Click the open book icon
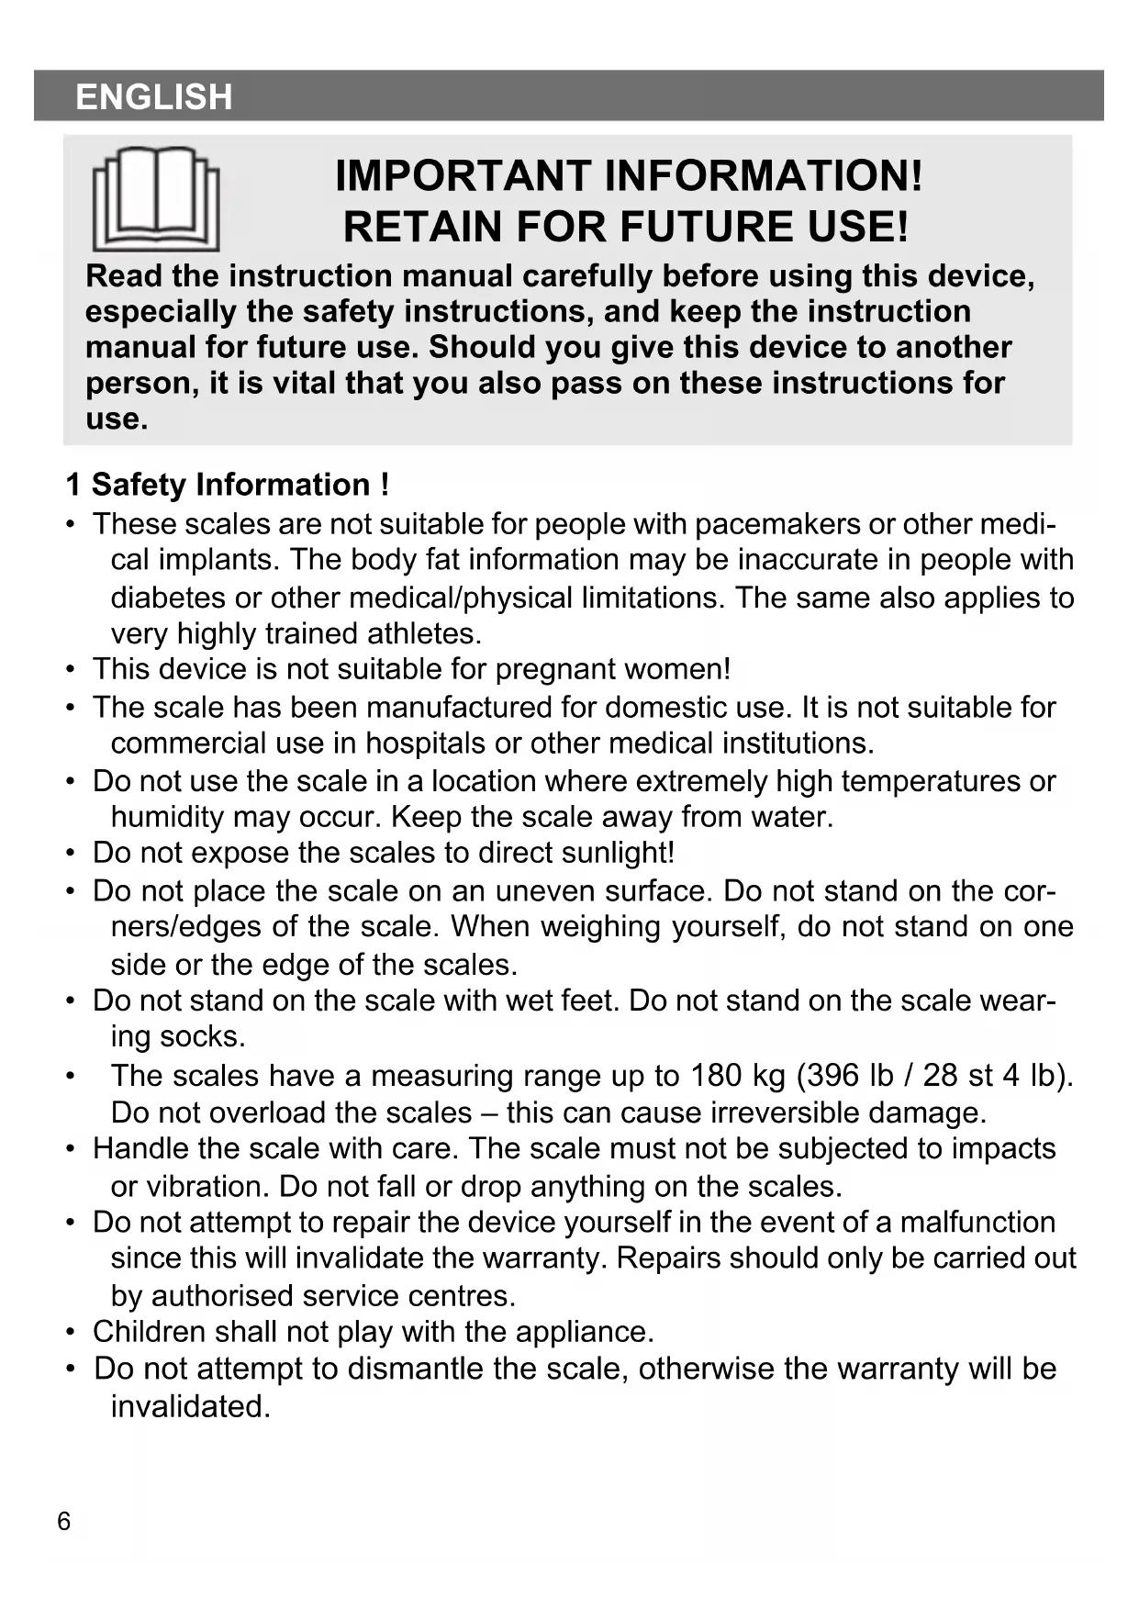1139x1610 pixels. pos(156,199)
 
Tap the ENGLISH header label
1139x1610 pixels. pos(154,96)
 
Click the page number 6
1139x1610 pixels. pos(63,1521)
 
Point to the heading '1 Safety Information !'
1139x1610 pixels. pos(228,485)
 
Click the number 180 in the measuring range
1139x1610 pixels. pos(716,1075)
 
